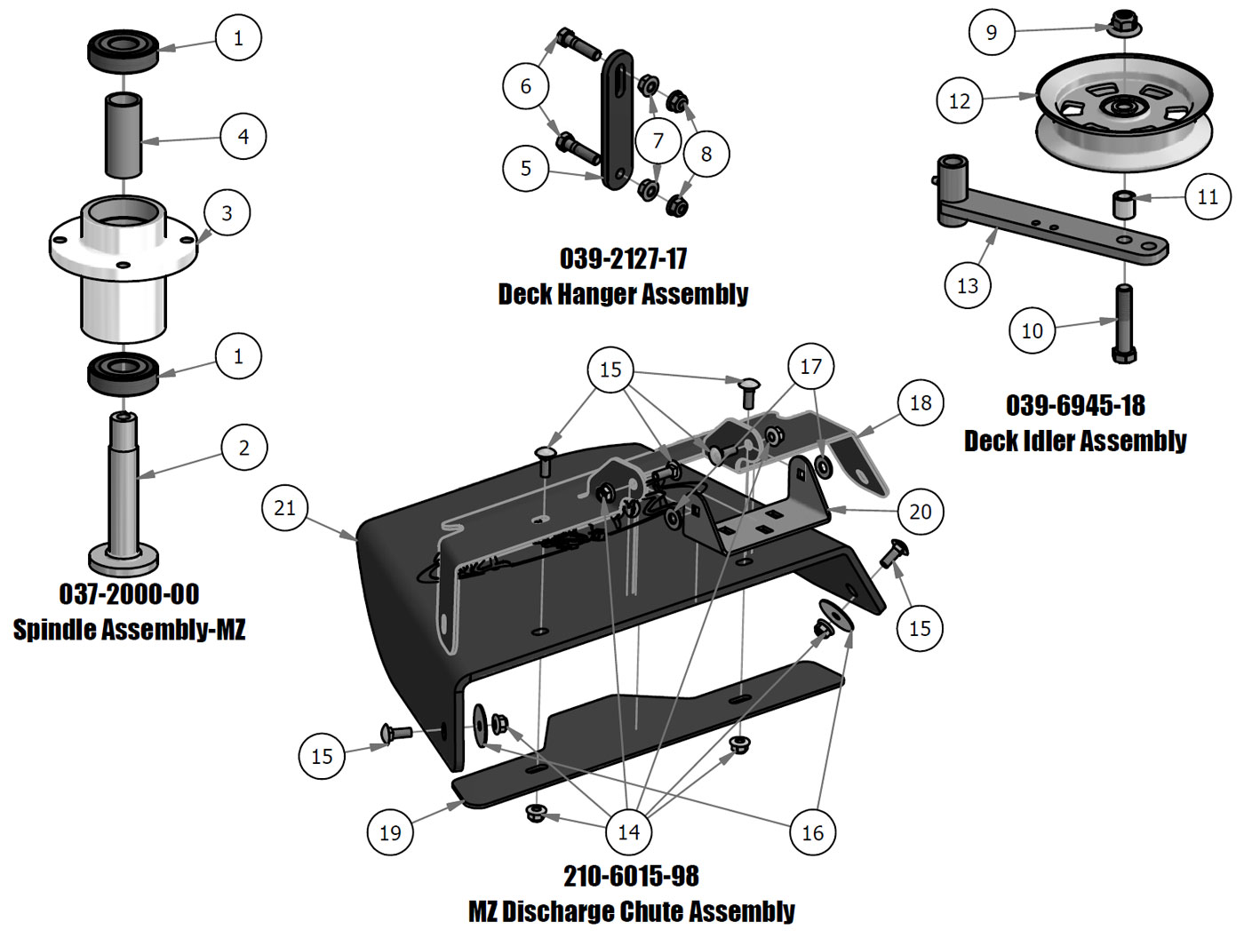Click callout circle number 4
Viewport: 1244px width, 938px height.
(243, 136)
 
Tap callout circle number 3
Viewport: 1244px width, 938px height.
(227, 213)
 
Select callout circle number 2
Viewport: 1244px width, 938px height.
(244, 448)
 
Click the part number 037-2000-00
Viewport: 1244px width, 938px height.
(129, 594)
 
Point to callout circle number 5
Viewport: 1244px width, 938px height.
(526, 168)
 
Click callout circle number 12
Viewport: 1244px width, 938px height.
(960, 100)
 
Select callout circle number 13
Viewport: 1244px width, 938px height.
(968, 286)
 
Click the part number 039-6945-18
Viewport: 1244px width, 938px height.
(1075, 406)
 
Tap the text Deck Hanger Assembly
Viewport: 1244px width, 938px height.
(623, 294)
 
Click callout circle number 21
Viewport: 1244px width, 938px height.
(285, 508)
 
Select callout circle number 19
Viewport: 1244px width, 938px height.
(390, 832)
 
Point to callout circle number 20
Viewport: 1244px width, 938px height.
(921, 512)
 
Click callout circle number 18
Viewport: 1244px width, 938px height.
(921, 403)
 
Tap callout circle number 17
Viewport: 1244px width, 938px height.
(811, 366)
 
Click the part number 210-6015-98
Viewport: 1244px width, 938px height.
(631, 876)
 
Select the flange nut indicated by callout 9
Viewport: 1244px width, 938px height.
(1124, 22)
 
